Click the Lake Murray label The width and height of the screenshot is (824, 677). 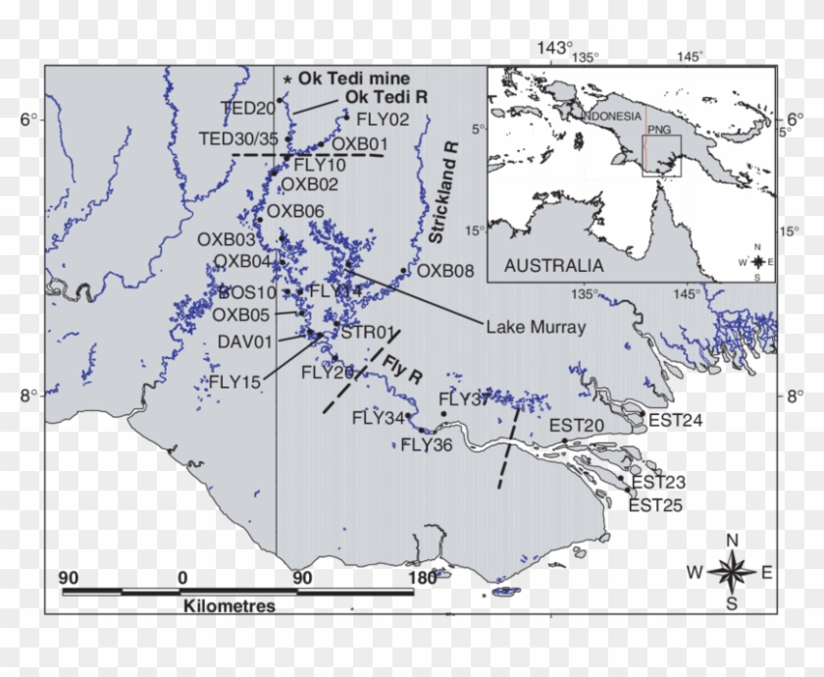coord(536,328)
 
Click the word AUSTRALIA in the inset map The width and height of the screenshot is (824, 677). coord(553,265)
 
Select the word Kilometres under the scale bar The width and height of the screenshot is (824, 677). coord(229,606)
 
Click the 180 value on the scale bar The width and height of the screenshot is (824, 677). coord(422,577)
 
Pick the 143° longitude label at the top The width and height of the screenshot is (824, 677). coord(552,47)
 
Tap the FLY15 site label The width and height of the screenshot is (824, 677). coord(234,381)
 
